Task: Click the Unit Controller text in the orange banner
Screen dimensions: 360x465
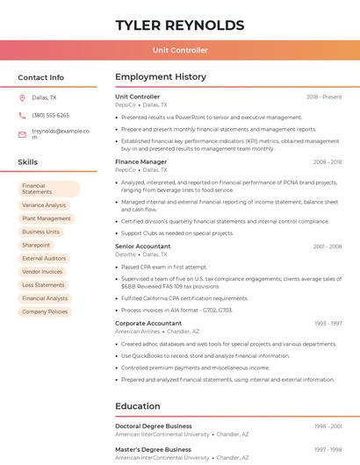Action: click(180, 50)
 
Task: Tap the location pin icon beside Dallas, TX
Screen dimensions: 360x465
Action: click(22, 98)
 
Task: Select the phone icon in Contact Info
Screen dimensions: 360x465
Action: click(22, 115)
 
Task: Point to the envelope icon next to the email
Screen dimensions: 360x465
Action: click(22, 134)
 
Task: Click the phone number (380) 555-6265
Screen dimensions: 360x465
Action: click(50, 115)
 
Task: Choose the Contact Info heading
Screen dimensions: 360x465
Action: click(41, 77)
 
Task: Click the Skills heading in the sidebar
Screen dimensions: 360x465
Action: click(28, 162)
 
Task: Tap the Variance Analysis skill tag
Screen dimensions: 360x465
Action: click(44, 205)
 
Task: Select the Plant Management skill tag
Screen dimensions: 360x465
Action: click(47, 218)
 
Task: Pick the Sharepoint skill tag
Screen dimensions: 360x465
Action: click(36, 245)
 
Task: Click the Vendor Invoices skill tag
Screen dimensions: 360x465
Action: click(42, 272)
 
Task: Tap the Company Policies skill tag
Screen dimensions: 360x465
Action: click(45, 311)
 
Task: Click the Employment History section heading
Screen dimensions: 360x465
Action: click(161, 77)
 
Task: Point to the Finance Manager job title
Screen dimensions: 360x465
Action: click(140, 162)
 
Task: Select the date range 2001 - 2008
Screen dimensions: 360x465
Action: click(328, 247)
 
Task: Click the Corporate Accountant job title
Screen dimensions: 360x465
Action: click(148, 324)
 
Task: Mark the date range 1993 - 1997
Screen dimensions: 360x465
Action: click(328, 324)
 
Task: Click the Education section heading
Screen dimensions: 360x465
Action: click(138, 406)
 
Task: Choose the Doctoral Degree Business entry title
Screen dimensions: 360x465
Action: click(154, 426)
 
